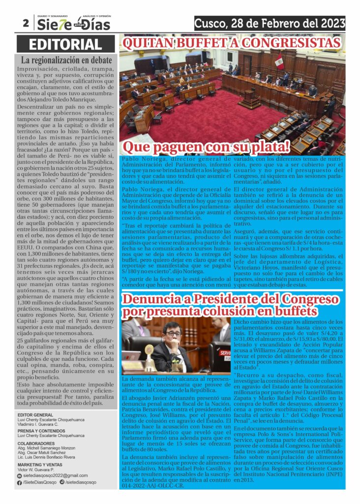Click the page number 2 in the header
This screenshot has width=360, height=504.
click(25, 23)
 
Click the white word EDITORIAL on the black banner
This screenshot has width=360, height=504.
click(65, 45)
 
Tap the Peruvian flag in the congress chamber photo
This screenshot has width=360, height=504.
click(279, 63)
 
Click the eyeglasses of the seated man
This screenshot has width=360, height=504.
click(173, 333)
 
